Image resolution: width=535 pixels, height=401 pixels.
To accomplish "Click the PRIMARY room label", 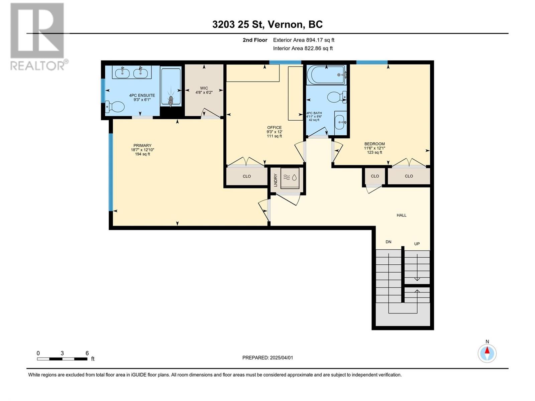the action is pos(142,145).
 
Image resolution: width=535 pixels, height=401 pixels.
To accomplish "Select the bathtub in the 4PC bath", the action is pos(326,75).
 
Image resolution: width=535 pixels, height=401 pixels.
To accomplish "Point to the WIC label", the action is pos(204,88).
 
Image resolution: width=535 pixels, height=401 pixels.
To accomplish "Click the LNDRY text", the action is pos(276,180).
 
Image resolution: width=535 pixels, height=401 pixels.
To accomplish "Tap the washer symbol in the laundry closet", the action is pos(290,178).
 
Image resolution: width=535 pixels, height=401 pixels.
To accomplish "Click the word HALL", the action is pos(402,215).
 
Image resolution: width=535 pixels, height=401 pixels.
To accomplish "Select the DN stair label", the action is pos(389,242).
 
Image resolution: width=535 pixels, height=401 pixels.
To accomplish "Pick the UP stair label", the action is pos(417,244).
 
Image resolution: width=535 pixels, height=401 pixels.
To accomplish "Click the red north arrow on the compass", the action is pos(487,350).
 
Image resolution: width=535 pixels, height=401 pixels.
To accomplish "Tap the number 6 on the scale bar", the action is pos(87,353).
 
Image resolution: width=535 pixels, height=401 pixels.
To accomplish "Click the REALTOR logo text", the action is pos(37,66).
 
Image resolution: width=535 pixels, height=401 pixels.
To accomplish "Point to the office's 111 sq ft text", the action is pos(275,136).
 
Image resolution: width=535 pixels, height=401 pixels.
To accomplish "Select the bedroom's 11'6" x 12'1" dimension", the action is pos(374,148).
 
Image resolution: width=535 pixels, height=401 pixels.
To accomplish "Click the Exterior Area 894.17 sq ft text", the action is pos(304,40).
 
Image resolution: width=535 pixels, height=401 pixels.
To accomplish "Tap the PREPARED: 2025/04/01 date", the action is pos(267,358).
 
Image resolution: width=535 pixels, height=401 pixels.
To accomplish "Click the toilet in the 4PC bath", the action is pos(337,97).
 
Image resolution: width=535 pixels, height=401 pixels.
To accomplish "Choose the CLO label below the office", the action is pos(247,176).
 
